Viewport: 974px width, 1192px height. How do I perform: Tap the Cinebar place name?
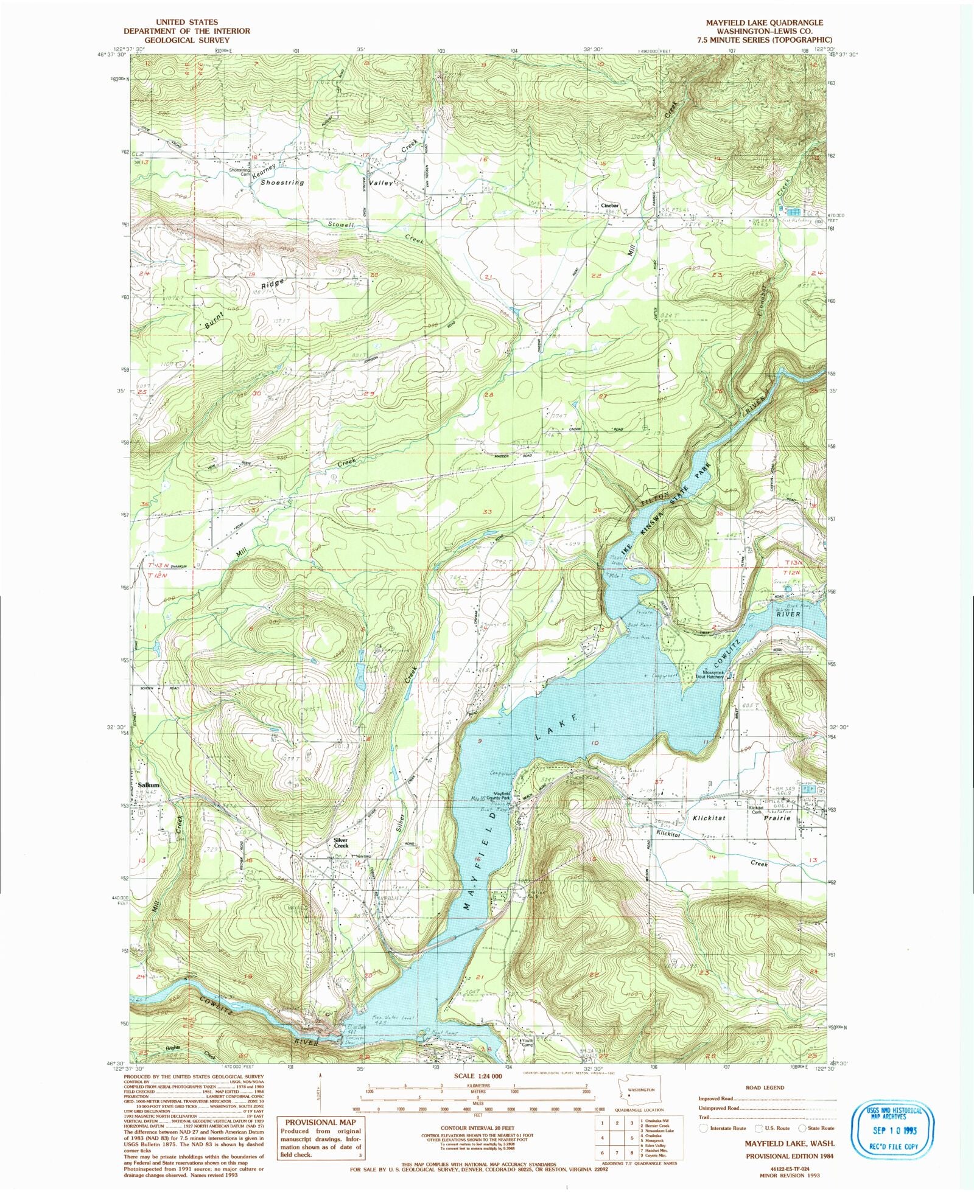(x=610, y=206)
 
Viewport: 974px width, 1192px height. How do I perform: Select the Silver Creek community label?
(x=341, y=843)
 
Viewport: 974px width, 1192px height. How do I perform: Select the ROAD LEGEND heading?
(x=765, y=1087)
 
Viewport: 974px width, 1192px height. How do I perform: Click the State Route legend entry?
(x=815, y=1128)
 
